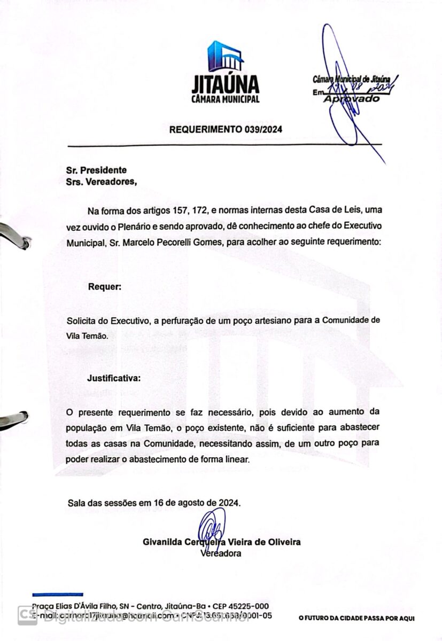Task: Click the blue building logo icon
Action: point(225,56)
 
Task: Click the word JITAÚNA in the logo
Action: point(225,84)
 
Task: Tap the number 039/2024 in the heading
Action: point(263,129)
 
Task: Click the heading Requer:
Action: point(105,287)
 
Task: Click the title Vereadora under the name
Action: point(220,553)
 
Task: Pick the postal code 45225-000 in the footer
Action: point(249,606)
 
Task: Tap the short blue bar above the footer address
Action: point(57,594)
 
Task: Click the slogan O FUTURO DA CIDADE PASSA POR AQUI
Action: point(356,619)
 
